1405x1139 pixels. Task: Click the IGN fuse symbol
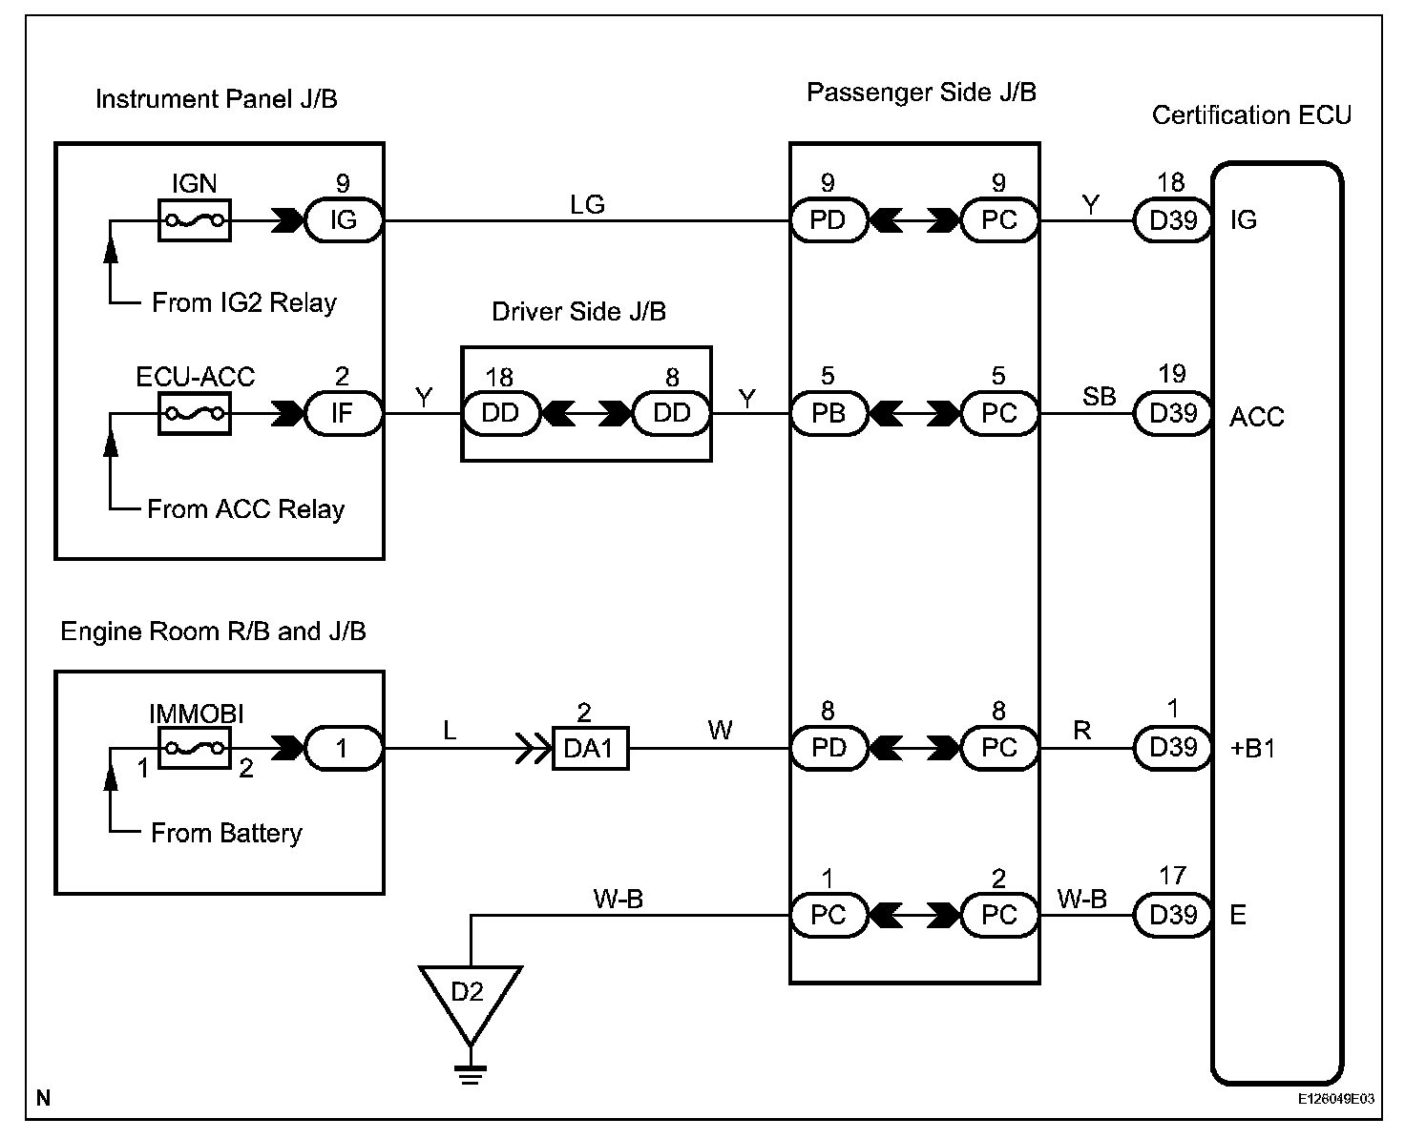tap(194, 220)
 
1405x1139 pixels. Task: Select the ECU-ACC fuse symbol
tap(194, 414)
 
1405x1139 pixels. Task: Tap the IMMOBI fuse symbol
tap(194, 748)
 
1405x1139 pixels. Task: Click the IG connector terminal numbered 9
tap(343, 220)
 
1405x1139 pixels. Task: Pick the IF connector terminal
tap(343, 414)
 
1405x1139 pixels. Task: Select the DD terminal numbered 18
tap(500, 414)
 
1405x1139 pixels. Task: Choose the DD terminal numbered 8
tap(672, 414)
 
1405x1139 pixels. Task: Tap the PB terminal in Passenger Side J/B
tap(828, 414)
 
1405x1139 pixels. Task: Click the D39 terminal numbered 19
tap(1172, 414)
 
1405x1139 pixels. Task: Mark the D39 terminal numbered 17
tap(1172, 915)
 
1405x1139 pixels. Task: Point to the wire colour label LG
tap(587, 203)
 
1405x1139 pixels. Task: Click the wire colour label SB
tap(1099, 397)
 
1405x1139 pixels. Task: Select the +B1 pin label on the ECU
tap(1252, 749)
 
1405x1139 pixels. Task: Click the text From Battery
tap(226, 833)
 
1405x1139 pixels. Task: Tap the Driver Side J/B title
tap(578, 312)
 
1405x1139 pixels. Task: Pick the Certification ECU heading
tap(1251, 115)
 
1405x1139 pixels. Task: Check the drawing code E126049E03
tap(1335, 1099)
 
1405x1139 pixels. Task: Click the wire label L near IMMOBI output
tap(450, 731)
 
